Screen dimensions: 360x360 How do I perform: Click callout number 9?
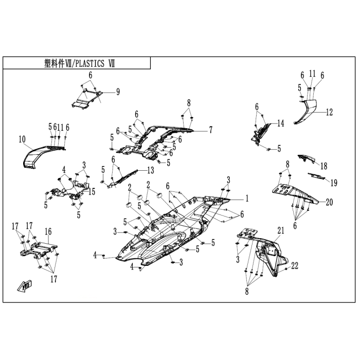point(118,92)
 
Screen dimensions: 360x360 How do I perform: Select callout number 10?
point(22,139)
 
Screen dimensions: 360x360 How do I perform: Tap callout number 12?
point(329,112)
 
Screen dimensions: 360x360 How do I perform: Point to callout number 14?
point(280,123)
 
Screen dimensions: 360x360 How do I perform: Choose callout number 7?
point(210,130)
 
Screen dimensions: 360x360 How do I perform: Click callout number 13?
point(150,170)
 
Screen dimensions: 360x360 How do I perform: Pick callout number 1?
point(246,197)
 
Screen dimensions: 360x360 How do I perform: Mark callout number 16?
point(48,231)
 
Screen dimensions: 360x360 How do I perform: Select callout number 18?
point(323,166)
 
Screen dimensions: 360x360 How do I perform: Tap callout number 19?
point(334,183)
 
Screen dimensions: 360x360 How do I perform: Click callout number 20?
point(329,202)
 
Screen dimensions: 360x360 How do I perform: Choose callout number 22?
point(294,265)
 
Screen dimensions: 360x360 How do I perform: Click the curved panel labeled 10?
point(39,154)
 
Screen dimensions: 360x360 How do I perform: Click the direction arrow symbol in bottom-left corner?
point(25,285)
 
